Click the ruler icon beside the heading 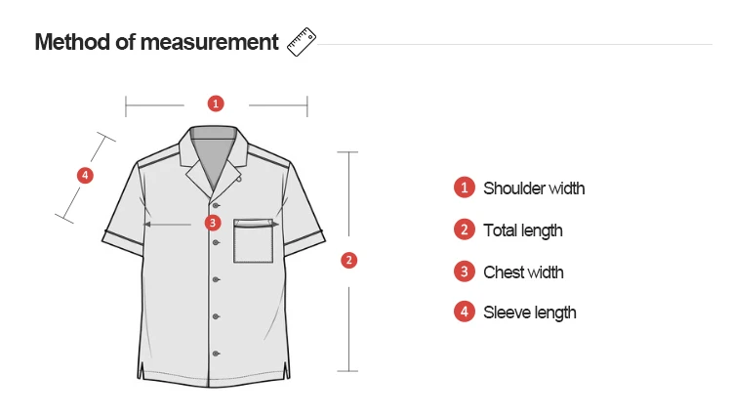302,42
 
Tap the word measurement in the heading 209,43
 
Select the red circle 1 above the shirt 216,104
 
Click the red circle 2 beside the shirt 349,260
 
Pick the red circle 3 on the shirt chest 213,223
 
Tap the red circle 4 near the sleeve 85,176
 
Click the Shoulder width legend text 534,188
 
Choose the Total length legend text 523,230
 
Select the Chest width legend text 523,272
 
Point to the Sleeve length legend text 529,313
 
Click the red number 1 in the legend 465,188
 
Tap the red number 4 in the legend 465,312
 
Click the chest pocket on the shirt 254,241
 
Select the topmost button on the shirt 216,205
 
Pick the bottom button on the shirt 216,354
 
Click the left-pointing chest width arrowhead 146,225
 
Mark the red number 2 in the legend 465,229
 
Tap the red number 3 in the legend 465,271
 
